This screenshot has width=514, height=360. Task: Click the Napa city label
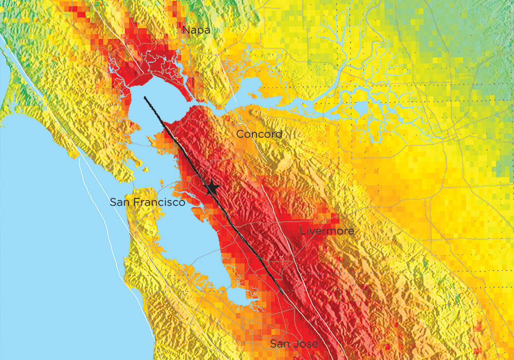196,31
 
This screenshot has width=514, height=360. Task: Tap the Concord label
259,134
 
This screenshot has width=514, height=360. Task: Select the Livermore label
327,231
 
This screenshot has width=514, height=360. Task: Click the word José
307,344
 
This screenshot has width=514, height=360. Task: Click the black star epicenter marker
212,188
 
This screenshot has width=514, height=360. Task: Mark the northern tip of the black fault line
145,97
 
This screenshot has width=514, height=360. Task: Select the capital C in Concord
240,134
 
